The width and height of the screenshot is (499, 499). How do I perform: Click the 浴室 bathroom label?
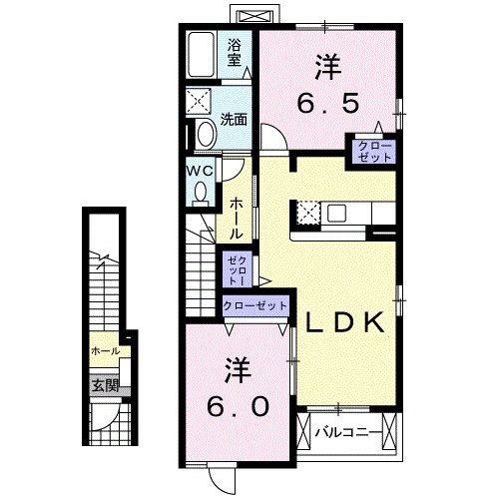tap(235, 52)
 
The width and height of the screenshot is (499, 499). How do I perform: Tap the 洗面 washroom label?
tap(235, 118)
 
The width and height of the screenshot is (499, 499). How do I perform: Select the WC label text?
tap(199, 169)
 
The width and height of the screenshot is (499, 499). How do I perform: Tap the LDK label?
tap(344, 322)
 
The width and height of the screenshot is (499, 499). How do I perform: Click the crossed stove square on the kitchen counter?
tap(306, 213)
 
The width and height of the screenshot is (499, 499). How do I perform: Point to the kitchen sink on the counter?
tap(334, 213)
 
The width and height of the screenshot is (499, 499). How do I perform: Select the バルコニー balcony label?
tap(349, 434)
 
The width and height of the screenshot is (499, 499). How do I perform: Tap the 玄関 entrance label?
tap(106, 384)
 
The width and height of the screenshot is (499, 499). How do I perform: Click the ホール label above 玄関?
tap(105, 352)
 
